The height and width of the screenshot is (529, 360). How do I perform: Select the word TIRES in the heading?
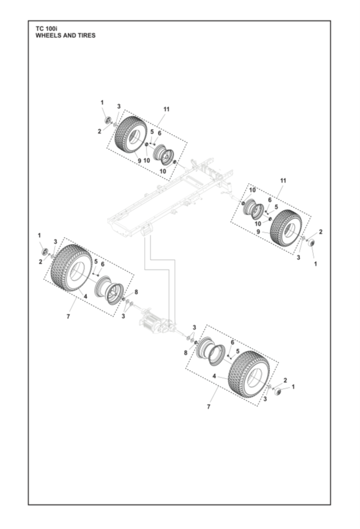[85, 35]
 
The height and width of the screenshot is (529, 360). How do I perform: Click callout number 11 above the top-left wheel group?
[166, 109]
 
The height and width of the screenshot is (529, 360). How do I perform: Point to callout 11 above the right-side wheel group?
[283, 180]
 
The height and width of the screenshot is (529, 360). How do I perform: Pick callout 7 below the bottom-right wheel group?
[208, 406]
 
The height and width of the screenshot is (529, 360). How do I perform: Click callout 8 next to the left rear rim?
[135, 292]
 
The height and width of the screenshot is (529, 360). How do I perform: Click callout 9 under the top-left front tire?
[139, 161]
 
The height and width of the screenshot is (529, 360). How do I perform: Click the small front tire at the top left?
[130, 134]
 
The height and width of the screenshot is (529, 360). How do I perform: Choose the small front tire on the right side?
[286, 227]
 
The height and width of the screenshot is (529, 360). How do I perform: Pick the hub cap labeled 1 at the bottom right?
[278, 391]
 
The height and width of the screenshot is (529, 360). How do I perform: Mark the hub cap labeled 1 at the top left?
[107, 121]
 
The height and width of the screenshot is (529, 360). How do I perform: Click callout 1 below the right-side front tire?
[315, 263]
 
